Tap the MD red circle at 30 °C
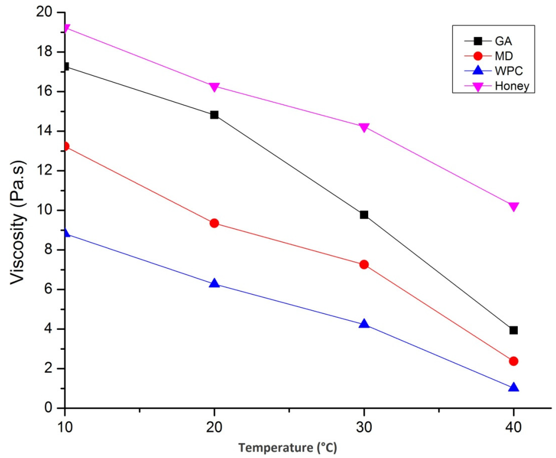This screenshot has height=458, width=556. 364,264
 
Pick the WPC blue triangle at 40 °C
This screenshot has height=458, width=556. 514,387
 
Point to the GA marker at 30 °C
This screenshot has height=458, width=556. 364,215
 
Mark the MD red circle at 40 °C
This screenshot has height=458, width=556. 514,361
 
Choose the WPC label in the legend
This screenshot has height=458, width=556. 509,71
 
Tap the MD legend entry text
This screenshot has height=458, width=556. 504,56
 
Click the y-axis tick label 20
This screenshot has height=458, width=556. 47,12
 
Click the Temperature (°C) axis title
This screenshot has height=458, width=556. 288,448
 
